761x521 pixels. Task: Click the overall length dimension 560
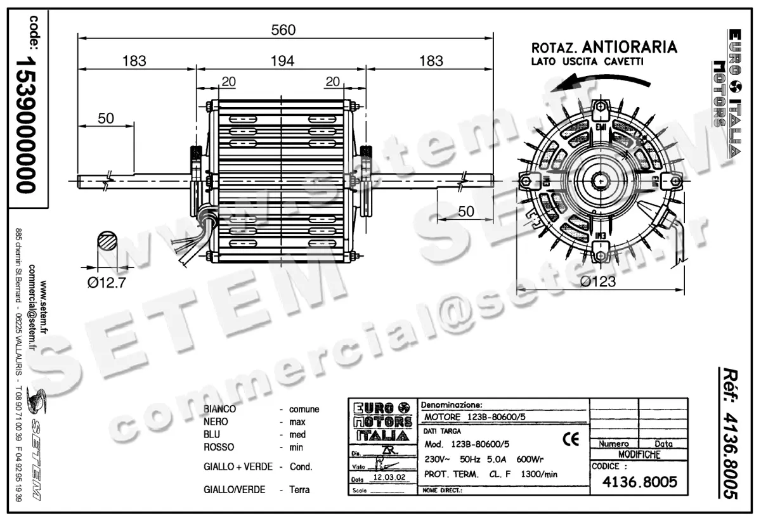[x=283, y=29]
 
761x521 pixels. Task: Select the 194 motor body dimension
[x=283, y=61]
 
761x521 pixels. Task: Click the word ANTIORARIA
[x=629, y=47]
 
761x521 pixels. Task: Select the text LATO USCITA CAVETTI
[x=587, y=62]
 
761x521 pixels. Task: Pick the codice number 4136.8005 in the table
[x=638, y=482]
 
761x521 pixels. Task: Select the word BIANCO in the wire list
[x=220, y=409]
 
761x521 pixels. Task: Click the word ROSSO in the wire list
[x=219, y=447]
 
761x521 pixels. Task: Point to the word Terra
[x=299, y=490]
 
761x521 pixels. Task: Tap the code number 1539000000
[x=27, y=123]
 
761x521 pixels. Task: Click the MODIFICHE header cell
[x=639, y=454]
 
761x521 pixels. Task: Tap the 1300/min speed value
[x=538, y=474]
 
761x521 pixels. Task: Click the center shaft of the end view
[x=599, y=181]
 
